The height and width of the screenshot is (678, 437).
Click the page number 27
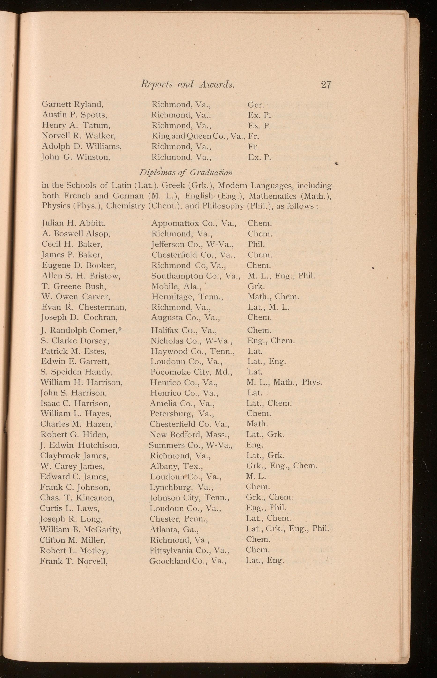click(326, 85)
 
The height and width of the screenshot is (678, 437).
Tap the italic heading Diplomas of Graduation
click(186, 172)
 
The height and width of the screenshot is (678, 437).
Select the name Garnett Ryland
click(72, 104)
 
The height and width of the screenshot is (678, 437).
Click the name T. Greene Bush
click(74, 286)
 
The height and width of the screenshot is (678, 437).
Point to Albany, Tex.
click(176, 466)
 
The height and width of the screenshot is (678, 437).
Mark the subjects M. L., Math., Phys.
click(284, 382)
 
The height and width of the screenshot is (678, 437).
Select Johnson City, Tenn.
click(189, 498)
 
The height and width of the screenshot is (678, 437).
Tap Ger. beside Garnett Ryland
click(256, 105)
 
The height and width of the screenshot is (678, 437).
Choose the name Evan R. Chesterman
click(83, 307)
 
